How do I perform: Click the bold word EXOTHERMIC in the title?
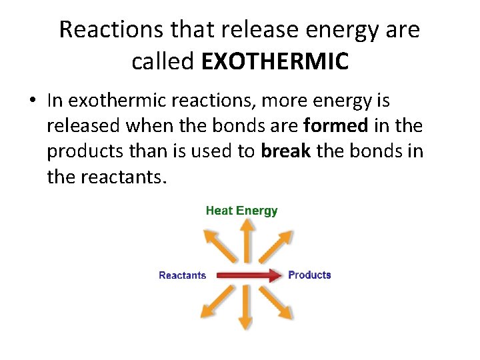pos(275,61)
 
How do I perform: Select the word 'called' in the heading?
pos(163,61)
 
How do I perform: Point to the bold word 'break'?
pos(286,151)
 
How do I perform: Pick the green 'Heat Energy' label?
pos(241,211)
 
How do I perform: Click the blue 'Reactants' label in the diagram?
pos(182,275)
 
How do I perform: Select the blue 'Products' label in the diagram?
pos(309,275)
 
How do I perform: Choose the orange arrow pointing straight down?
pos(246,310)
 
